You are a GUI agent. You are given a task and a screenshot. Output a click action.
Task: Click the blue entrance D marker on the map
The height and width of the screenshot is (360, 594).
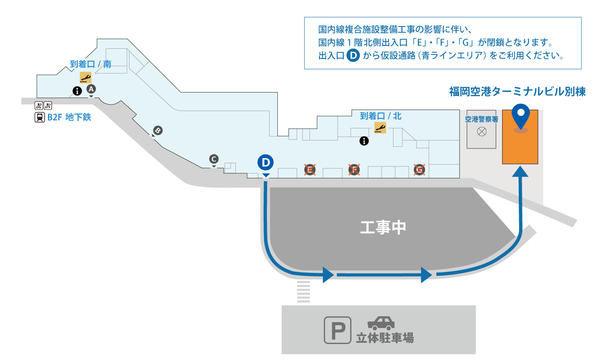[265, 163]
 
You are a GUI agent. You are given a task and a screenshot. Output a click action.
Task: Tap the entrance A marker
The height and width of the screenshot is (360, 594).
[91, 89]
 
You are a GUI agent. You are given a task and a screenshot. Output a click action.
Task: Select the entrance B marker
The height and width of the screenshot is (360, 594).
[157, 130]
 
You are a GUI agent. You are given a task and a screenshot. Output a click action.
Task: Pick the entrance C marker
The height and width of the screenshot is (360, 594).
[214, 159]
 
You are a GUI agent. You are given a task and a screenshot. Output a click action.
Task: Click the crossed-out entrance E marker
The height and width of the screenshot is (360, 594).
[310, 170]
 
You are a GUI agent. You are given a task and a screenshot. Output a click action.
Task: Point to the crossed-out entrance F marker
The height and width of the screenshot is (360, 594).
[354, 170]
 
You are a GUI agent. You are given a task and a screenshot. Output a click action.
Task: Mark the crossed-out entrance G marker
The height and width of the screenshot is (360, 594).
[419, 170]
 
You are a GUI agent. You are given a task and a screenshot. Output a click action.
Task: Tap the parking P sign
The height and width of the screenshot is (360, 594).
[337, 330]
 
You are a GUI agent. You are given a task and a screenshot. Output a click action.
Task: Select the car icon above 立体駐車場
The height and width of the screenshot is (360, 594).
[381, 323]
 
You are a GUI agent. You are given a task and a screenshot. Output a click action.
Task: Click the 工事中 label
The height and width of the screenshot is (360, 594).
[383, 228]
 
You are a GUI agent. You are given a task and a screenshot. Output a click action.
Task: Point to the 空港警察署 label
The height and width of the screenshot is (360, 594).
[481, 119]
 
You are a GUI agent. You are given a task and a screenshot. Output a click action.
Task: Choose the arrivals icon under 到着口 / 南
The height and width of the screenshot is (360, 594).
[86, 77]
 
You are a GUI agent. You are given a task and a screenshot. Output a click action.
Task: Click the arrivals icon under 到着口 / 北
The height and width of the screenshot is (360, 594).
[380, 127]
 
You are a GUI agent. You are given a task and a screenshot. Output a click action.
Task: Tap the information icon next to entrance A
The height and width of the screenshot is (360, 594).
[77, 90]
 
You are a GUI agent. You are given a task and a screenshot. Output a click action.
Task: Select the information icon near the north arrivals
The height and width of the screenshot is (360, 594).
[364, 141]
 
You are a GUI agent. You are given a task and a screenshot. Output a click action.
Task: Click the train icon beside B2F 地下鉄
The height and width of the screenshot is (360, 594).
[40, 117]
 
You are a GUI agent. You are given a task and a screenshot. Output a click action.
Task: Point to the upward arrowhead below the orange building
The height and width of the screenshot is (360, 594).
[520, 171]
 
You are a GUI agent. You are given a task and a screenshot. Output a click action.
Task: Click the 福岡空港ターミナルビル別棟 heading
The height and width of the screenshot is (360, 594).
[517, 92]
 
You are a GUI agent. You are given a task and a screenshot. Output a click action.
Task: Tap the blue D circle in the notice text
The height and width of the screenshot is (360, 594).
[353, 55]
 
